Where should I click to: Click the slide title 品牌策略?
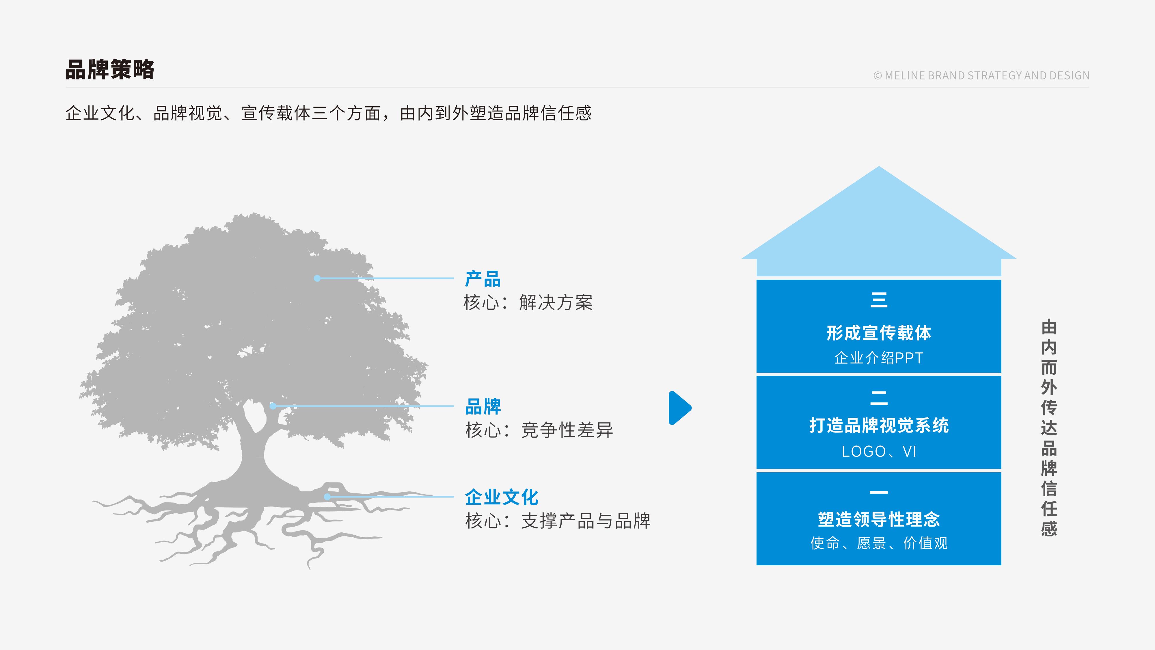click(110, 70)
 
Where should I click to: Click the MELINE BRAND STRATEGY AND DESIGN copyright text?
click(981, 75)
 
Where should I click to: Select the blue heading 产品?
click(483, 279)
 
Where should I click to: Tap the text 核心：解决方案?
click(528, 302)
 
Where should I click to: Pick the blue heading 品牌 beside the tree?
click(483, 406)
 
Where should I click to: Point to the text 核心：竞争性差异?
click(539, 430)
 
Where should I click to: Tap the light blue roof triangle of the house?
click(879, 224)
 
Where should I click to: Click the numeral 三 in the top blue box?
click(879, 300)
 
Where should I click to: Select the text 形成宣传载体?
click(879, 333)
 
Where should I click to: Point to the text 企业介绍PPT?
click(879, 358)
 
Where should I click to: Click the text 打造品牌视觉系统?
click(879, 425)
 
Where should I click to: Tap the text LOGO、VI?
click(879, 451)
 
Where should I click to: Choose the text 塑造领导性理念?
click(879, 519)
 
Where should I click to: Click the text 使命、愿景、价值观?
click(879, 543)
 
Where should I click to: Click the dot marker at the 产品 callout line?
click(317, 278)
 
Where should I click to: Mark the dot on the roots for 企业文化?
click(327, 497)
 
